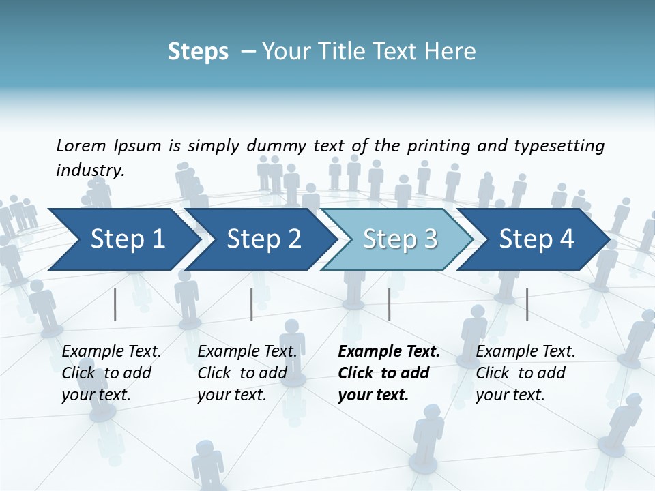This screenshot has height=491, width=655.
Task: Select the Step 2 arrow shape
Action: pos(263,239)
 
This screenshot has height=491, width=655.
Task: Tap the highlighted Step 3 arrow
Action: pos(400,239)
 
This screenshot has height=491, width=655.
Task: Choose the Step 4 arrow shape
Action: pos(536,239)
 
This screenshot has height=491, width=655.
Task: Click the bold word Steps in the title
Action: pos(198,52)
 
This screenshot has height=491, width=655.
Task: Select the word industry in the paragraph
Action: pos(89,170)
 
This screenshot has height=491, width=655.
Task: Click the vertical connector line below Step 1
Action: pos(115,304)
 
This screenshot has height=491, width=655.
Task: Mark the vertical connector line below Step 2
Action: pos(252,304)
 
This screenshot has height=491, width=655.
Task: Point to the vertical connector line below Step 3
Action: pos(389,304)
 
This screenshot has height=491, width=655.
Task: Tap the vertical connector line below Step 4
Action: pos(527,304)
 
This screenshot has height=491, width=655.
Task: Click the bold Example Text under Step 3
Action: pos(389,352)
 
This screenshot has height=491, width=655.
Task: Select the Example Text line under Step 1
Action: pos(112,352)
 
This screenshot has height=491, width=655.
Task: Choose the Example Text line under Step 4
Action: pos(525,352)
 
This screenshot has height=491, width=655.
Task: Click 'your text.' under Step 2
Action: pos(231,395)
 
